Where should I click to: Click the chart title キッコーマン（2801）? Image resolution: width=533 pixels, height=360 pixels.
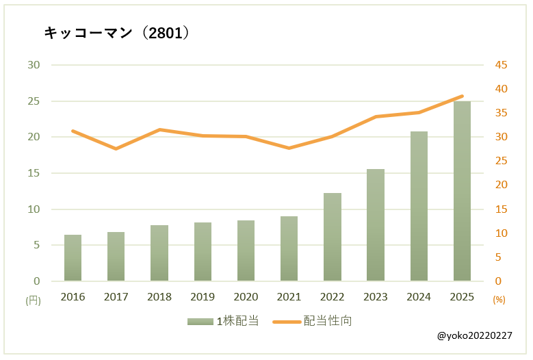116,33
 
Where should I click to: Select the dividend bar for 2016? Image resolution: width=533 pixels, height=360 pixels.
73,258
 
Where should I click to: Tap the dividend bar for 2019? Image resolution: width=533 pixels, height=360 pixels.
203,252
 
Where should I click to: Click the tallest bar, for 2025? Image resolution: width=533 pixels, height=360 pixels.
462,192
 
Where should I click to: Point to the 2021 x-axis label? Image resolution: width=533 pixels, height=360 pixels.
289,297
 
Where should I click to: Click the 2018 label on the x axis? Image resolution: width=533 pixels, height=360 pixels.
159,297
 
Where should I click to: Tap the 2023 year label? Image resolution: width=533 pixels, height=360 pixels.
376,297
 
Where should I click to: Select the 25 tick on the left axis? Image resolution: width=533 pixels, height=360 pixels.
34,101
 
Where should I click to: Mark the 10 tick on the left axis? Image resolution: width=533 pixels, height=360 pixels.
34,209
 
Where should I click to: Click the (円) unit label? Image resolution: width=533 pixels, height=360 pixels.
33,300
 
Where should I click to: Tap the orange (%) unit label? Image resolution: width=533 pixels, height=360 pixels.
499,300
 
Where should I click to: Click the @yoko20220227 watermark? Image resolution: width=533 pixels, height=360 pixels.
473,336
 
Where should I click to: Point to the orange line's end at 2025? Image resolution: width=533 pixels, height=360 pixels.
463,97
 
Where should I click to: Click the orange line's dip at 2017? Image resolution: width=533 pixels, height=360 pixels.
116,149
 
